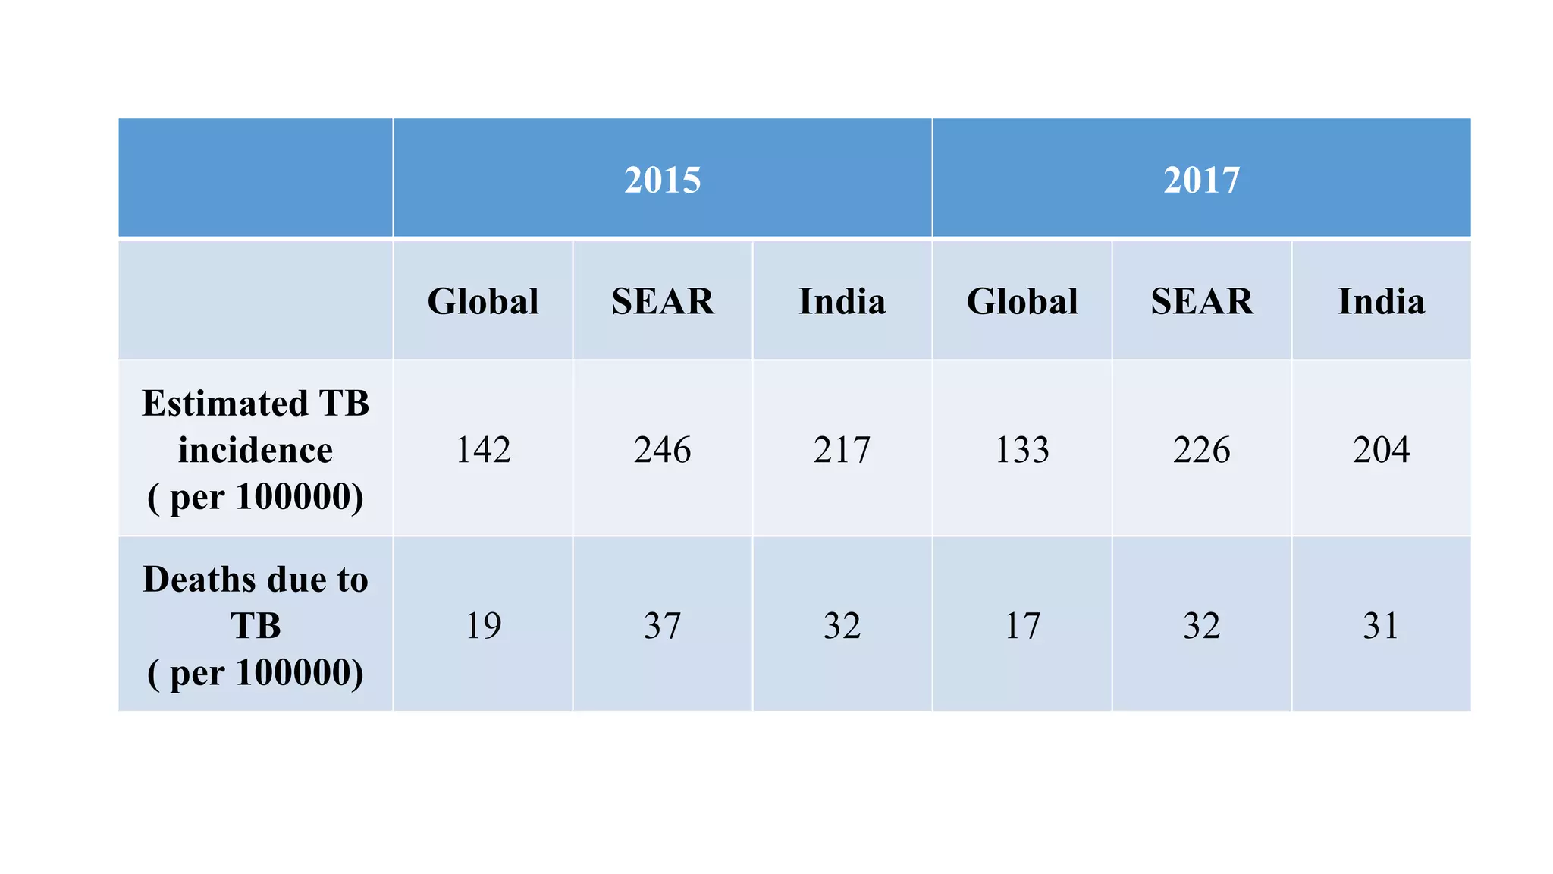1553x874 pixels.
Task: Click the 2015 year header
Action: point(662,181)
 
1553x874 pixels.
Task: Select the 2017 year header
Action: point(1201,181)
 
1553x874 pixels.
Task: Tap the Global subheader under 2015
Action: point(483,301)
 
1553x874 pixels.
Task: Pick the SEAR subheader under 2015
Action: point(663,301)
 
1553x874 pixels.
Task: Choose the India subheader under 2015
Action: point(842,301)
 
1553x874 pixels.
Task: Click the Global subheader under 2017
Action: point(1022,301)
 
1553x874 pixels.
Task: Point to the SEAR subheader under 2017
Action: point(1202,301)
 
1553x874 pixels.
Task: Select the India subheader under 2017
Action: point(1381,301)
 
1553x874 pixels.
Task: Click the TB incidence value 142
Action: point(483,450)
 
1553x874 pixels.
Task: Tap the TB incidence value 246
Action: point(663,450)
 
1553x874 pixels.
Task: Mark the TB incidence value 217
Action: point(842,450)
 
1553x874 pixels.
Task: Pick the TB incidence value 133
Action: point(1022,450)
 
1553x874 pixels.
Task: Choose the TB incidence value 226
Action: point(1202,450)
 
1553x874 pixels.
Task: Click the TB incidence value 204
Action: point(1381,450)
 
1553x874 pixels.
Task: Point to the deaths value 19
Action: point(483,626)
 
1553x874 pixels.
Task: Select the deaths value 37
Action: point(663,626)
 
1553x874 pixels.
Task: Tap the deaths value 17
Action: point(1022,626)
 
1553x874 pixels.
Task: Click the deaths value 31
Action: point(1381,626)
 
